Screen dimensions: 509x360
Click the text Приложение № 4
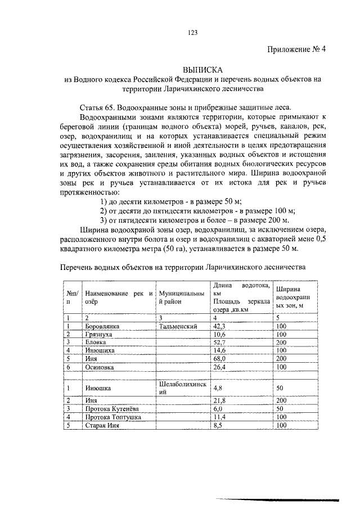point(296,49)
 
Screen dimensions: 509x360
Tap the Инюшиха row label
point(100,350)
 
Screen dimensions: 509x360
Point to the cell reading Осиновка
point(100,366)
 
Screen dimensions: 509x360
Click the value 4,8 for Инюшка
point(218,388)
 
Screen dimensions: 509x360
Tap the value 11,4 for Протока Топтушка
point(219,417)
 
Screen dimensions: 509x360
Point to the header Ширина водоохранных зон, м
point(292,297)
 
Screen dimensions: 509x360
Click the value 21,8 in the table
point(219,400)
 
